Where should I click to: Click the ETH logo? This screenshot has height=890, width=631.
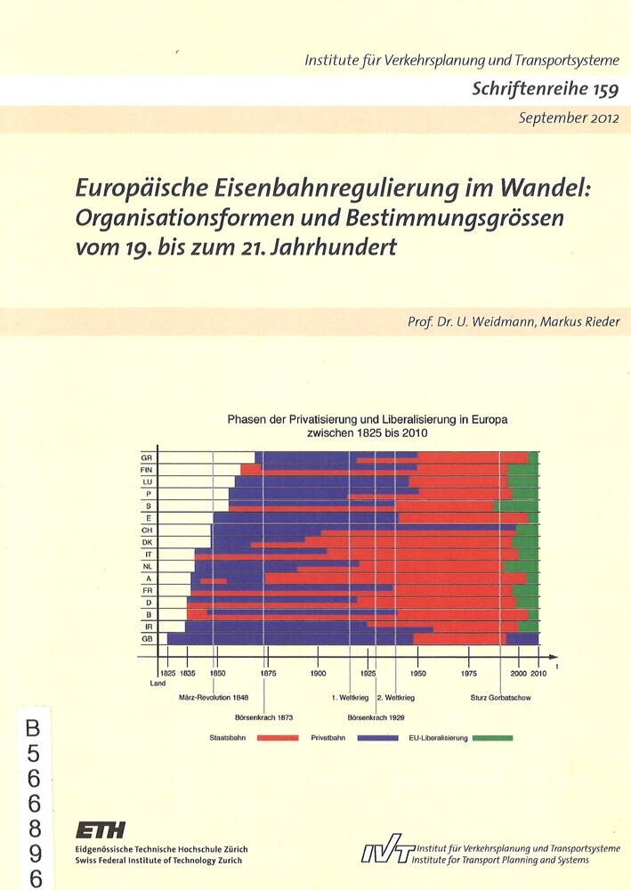pos(101,831)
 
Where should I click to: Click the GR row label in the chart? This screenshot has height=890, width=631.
pos(147,457)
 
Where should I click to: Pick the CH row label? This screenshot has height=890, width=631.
pos(147,530)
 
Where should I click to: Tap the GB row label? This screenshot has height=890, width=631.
pos(147,638)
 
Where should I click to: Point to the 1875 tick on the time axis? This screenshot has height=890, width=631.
pos(268,674)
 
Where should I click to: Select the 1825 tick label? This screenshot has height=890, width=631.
pos(166,674)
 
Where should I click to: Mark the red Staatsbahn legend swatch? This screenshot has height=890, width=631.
pos(276,738)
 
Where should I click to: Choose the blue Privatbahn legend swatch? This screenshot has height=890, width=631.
pos(377,738)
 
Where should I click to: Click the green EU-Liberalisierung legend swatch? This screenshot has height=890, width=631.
pos(492,738)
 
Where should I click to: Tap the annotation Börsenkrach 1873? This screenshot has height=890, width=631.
pos(263,716)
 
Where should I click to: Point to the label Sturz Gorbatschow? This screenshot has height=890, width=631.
pos(500,698)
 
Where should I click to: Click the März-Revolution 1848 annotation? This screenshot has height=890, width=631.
pos(213,698)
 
